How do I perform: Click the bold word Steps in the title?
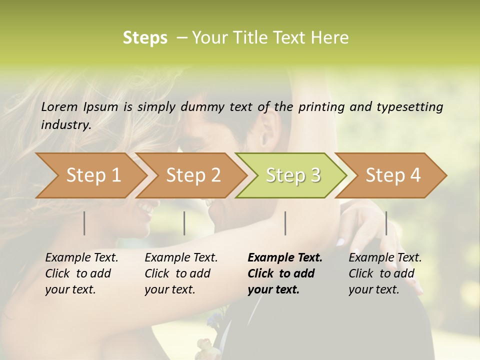(145, 38)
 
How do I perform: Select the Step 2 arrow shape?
(193, 175)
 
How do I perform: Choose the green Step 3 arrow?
(292, 175)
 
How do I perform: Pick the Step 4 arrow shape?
(392, 175)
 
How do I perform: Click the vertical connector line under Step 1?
(84, 223)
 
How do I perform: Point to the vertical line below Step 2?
(184, 223)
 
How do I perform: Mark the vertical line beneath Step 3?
(285, 223)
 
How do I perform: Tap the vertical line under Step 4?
(386, 223)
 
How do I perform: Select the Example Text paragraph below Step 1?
(81, 273)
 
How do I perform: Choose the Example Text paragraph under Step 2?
(181, 273)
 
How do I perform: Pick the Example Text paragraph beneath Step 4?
(385, 273)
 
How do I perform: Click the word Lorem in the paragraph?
(59, 107)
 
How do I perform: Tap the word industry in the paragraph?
(66, 125)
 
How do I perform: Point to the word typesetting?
(409, 107)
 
